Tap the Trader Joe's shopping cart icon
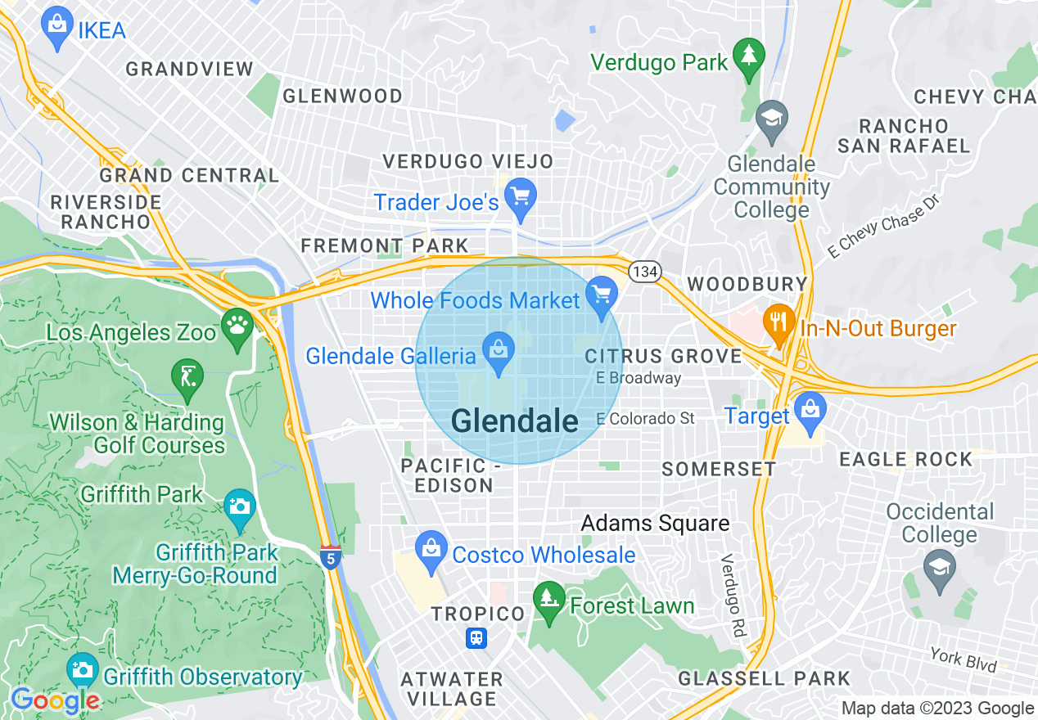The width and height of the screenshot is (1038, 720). coord(521,197)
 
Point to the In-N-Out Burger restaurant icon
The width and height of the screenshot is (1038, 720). coord(778,322)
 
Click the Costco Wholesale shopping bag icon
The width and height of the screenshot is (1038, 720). coord(431,549)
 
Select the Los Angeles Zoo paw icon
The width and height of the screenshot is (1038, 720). coord(237,325)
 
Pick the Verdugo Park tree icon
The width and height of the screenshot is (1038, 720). coord(748,56)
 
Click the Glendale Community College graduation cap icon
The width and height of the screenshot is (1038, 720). coord(770,119)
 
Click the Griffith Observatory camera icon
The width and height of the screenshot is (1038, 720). coord(82,671)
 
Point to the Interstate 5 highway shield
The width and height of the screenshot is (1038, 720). coord(330,559)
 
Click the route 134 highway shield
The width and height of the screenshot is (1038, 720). coord(645,270)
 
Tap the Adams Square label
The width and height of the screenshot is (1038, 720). coord(655,523)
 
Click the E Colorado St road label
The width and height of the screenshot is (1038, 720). coord(645,419)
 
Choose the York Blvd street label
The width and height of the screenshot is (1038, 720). coord(964,659)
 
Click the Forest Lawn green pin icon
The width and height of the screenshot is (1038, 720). coord(548,600)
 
